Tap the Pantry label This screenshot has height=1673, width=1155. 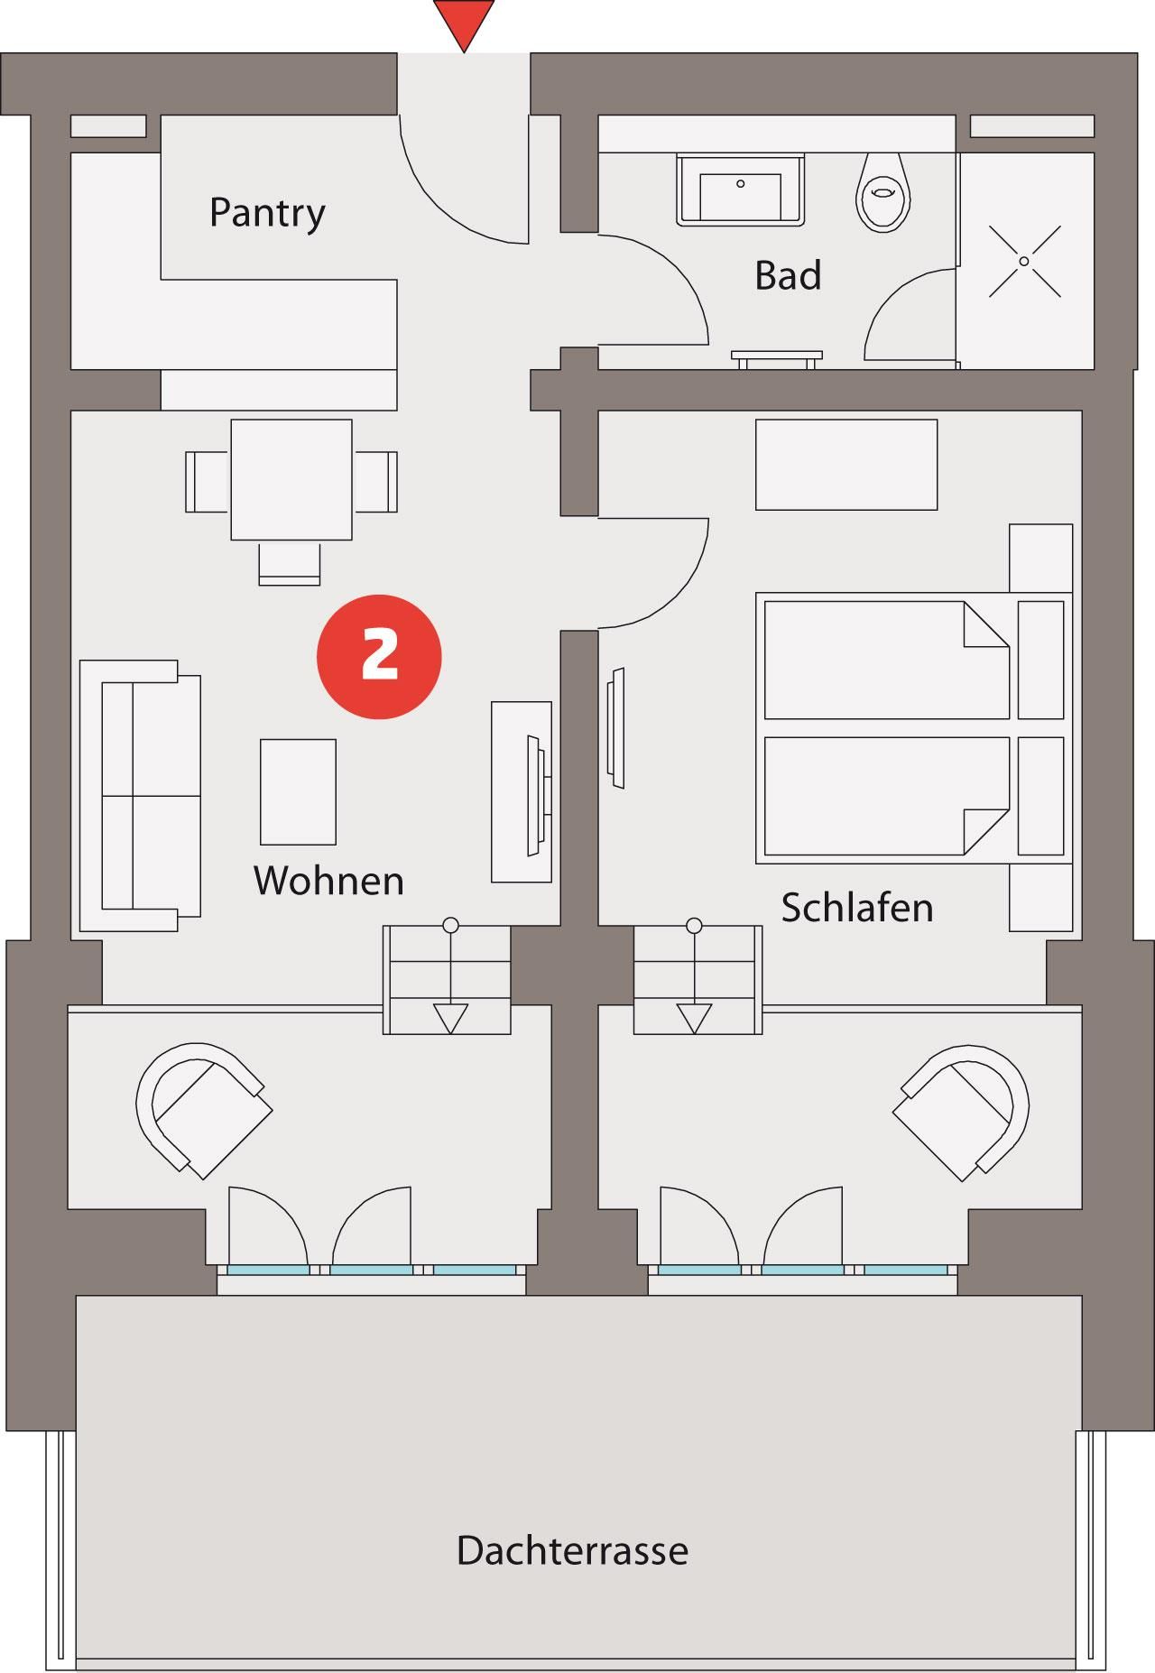pos(267,214)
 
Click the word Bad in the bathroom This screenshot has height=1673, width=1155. pos(788,275)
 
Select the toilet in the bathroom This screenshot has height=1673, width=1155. pos(882,189)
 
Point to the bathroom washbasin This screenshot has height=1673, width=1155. pos(740,189)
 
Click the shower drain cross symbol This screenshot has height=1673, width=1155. pos(1024,261)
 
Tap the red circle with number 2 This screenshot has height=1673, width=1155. pos(379,656)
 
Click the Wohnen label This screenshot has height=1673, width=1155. pos(328,881)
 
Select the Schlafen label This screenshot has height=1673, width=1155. pos(857,908)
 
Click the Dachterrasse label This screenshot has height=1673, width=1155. pos(572,1550)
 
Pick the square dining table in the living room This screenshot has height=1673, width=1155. pos(291,479)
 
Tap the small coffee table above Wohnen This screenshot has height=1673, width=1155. pos(298,792)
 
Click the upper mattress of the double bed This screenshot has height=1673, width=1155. pos(886,660)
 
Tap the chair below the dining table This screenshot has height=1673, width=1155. pos(290,563)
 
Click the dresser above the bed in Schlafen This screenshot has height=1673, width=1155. pos(846,465)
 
